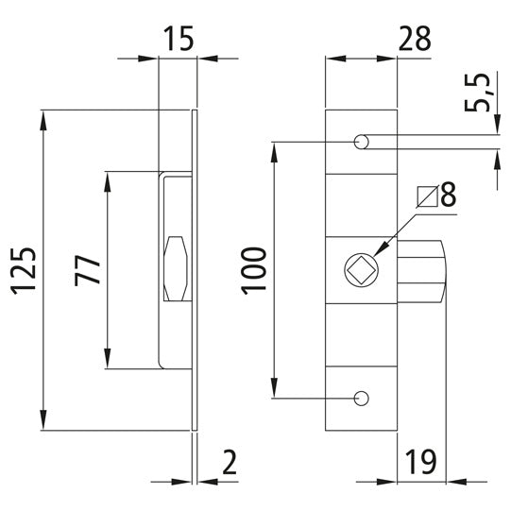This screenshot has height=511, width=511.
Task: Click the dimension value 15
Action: pos(178,39)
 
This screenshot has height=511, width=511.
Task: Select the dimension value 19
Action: pos(421,463)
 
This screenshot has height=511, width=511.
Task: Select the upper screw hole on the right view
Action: pos(361,143)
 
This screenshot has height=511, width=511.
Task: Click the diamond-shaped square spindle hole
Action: pos(359,270)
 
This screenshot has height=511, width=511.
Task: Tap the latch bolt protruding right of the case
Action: pos(421,270)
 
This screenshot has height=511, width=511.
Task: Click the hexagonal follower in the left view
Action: pos(176,270)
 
